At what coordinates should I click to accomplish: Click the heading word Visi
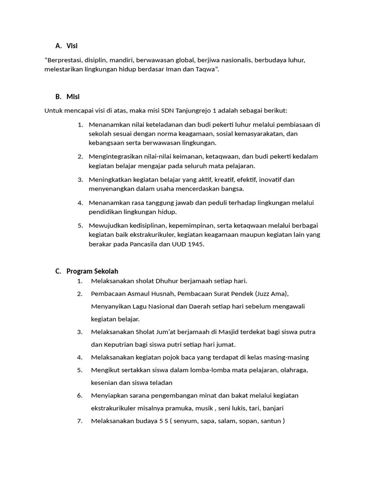(x=72, y=46)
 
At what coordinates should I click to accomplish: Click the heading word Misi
(x=73, y=96)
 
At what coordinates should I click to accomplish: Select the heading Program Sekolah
(x=92, y=271)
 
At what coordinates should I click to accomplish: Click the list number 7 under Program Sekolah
(x=80, y=421)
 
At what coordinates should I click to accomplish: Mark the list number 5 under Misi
(x=80, y=225)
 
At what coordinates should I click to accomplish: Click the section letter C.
(x=58, y=271)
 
